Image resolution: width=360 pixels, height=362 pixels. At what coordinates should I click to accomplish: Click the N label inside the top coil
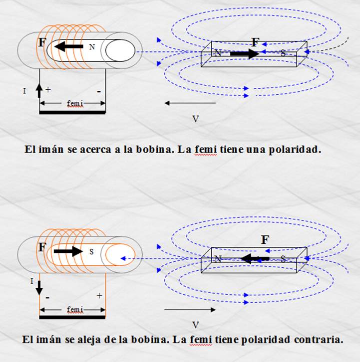click(x=92, y=47)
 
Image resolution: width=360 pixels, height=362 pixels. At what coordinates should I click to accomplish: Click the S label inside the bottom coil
click(x=91, y=252)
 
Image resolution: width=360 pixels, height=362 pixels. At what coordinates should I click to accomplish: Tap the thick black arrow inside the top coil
click(x=69, y=46)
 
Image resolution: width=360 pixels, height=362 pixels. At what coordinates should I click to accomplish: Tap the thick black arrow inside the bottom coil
click(x=68, y=251)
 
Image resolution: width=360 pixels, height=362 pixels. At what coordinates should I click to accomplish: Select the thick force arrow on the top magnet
click(x=245, y=54)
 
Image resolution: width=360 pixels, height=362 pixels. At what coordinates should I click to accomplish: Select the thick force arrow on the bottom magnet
click(x=255, y=259)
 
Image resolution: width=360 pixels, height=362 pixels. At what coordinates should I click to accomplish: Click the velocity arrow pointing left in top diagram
click(x=190, y=103)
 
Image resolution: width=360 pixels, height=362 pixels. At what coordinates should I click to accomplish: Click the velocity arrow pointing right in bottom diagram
click(x=190, y=310)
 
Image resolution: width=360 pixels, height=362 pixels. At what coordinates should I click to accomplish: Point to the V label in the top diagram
click(x=196, y=119)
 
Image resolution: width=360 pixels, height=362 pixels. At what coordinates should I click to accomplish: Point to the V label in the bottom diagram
click(x=196, y=325)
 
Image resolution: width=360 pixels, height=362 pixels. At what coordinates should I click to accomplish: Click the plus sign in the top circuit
click(x=48, y=90)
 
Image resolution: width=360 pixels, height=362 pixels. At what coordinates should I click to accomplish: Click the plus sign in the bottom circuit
click(x=99, y=296)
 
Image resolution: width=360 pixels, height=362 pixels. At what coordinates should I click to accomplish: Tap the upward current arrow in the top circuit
click(x=39, y=91)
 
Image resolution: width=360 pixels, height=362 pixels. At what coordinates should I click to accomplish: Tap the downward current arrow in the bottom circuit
click(x=39, y=288)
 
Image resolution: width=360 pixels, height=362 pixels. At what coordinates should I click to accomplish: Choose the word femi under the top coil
click(x=75, y=104)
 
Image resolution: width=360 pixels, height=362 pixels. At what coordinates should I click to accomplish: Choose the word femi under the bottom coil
click(x=75, y=310)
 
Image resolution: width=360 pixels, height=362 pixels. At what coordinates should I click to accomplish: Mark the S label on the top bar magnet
click(x=283, y=53)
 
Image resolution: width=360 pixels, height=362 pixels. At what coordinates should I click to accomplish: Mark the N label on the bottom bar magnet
click(x=218, y=259)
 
